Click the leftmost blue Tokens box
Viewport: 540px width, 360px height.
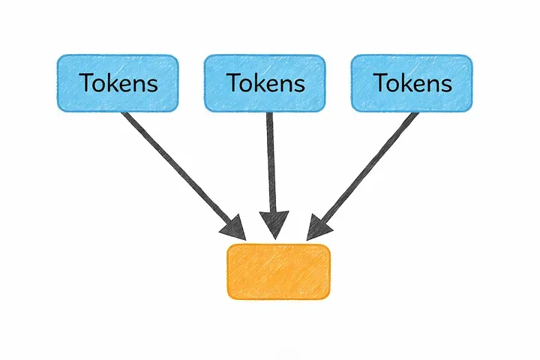click(x=118, y=82)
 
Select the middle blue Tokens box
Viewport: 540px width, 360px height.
click(x=265, y=82)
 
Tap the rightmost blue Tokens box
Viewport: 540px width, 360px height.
click(x=412, y=82)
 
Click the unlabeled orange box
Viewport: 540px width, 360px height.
click(x=278, y=271)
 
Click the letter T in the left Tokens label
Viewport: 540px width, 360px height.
click(x=85, y=82)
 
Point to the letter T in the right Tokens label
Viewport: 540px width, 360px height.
click(x=379, y=82)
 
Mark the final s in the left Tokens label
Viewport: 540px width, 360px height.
click(x=152, y=84)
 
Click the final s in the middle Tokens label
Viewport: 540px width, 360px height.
click(x=299, y=84)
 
